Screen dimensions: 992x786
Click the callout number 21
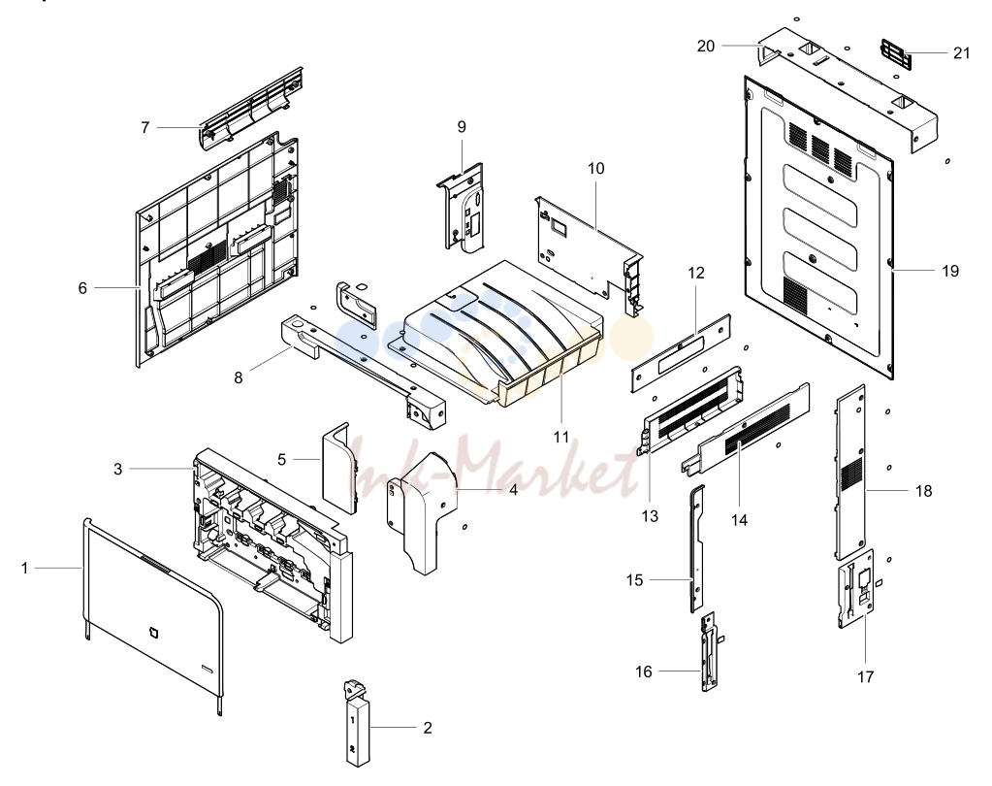click(x=961, y=53)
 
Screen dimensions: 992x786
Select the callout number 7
click(x=144, y=128)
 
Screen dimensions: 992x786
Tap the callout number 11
click(x=561, y=438)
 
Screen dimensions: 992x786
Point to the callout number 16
click(x=644, y=671)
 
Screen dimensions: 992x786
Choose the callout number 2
click(x=428, y=728)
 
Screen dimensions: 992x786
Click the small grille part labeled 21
click(x=896, y=54)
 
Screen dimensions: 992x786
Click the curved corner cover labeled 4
click(x=423, y=512)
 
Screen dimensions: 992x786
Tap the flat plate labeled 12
click(x=682, y=352)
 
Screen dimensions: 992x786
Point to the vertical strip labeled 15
click(x=696, y=548)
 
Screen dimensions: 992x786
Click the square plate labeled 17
click(x=856, y=588)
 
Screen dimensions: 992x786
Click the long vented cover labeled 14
click(x=747, y=429)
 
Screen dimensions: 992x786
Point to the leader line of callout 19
click(x=913, y=270)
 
